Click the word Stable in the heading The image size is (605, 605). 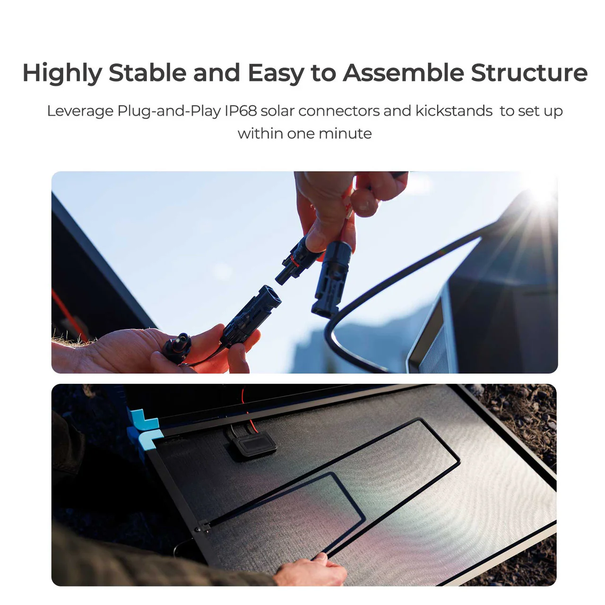tap(147, 73)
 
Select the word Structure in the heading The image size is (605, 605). tap(529, 73)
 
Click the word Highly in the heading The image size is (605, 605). tap(62, 73)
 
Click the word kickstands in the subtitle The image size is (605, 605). tap(454, 111)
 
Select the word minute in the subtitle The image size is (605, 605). tap(345, 134)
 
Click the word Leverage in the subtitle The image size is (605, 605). tap(80, 111)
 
